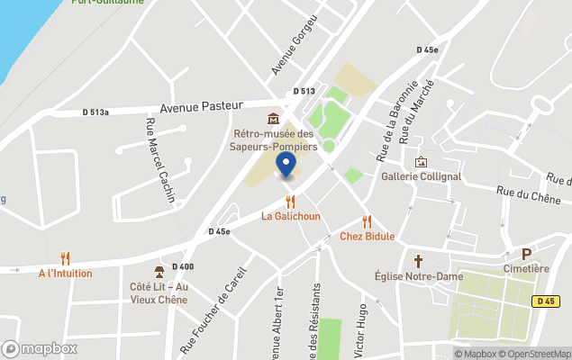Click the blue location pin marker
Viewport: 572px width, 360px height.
click(x=286, y=165)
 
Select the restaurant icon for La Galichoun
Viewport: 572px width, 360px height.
click(x=290, y=202)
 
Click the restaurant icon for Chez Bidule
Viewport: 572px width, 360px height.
click(x=367, y=221)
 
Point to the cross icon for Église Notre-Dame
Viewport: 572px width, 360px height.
click(x=418, y=261)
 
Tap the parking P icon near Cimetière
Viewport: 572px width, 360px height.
click(x=526, y=254)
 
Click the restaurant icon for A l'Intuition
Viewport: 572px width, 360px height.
click(x=65, y=258)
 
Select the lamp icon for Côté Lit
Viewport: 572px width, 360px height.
click(x=159, y=272)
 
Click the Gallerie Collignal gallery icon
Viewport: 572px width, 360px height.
click(x=421, y=162)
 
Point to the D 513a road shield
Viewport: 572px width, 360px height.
click(x=95, y=112)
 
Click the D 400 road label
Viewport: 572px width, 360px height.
click(x=182, y=266)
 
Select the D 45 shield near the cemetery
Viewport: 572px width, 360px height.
click(x=543, y=301)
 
